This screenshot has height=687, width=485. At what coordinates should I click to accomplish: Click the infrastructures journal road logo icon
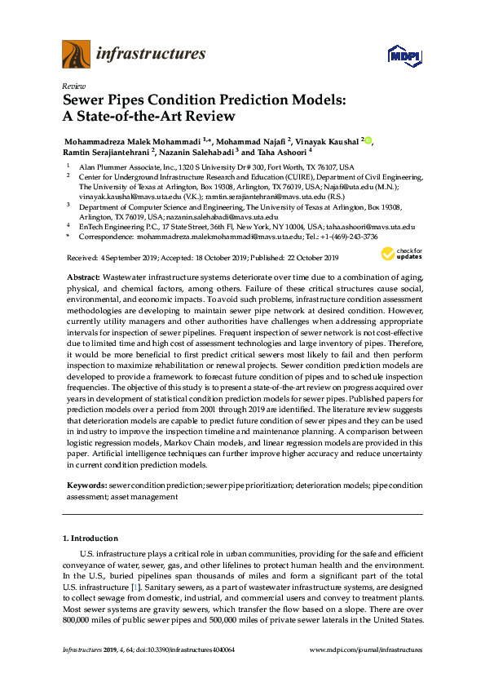click(76, 55)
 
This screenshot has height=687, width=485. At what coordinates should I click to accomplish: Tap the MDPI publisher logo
click(403, 55)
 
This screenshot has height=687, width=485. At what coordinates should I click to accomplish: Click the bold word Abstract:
click(83, 278)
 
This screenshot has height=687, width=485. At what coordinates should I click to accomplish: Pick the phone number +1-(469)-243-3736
click(349, 236)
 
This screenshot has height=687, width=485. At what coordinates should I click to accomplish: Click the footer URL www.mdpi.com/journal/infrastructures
click(367, 649)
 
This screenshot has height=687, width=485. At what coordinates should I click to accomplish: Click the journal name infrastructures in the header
click(151, 55)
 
